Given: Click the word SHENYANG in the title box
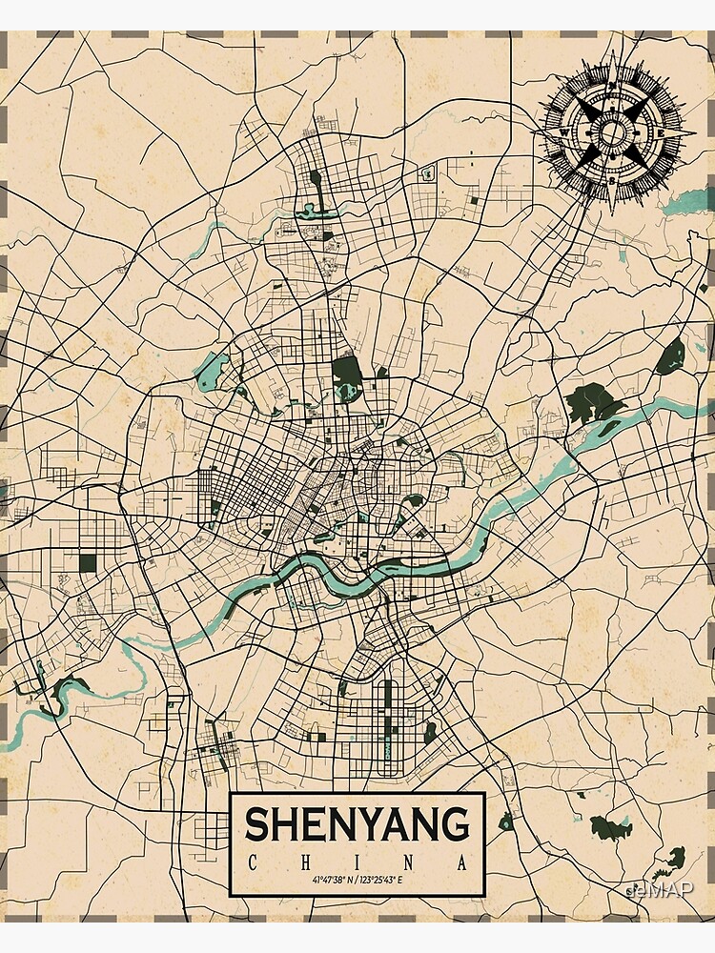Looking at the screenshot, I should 357,824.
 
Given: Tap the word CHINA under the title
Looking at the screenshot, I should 357,863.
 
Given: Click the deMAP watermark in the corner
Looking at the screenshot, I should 662,890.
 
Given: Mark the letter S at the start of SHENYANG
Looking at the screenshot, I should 256,824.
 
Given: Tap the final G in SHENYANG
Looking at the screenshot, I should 457,824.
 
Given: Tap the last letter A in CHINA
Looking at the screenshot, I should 463,863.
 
